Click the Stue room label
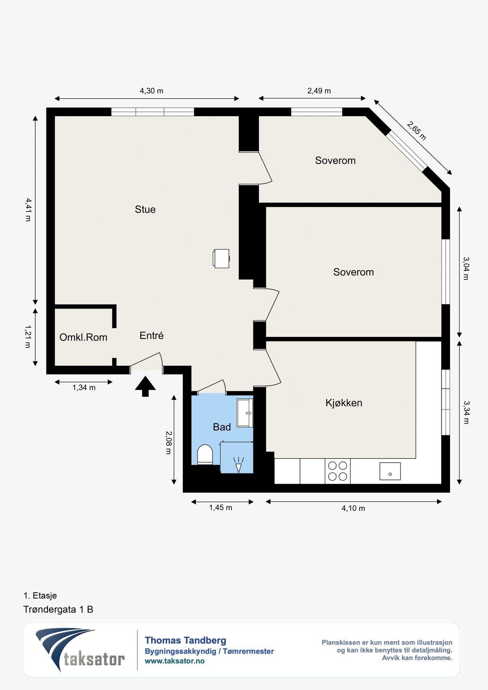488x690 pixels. (x=145, y=209)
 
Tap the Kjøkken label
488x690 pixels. (x=344, y=403)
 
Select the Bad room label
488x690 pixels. (x=222, y=427)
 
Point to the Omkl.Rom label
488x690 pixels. (x=83, y=337)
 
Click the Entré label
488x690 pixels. (x=151, y=335)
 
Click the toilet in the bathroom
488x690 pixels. (x=205, y=455)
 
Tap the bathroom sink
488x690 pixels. (x=245, y=413)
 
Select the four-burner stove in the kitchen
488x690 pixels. (x=338, y=471)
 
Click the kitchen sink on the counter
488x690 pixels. (x=390, y=471)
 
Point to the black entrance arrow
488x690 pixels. (x=145, y=386)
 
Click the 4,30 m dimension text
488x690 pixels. (x=151, y=91)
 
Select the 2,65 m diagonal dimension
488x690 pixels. (x=417, y=131)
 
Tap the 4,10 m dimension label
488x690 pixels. (x=353, y=508)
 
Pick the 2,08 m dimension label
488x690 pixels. (x=168, y=443)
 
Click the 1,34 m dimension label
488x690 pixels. (x=84, y=388)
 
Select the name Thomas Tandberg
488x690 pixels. (x=186, y=640)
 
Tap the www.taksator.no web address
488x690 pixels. (x=175, y=661)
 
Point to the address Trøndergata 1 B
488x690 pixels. (x=58, y=609)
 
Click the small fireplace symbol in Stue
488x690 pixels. (x=221, y=258)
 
